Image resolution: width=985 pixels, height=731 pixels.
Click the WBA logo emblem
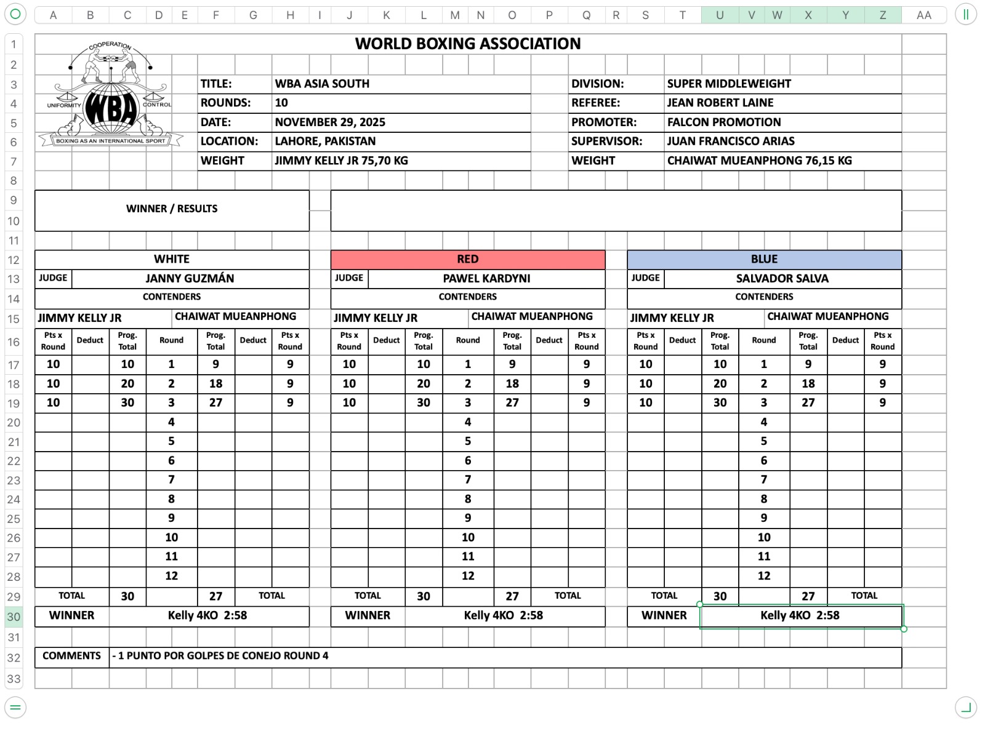tap(111, 98)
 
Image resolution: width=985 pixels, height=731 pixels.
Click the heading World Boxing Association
tap(468, 44)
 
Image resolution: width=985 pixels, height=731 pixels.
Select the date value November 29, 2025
tap(330, 122)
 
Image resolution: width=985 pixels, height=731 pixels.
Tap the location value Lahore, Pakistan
tap(325, 141)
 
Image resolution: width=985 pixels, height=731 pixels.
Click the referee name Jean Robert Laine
tap(720, 103)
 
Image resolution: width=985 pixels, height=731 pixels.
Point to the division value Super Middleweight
tap(729, 84)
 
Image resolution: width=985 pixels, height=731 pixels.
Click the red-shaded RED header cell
tap(468, 259)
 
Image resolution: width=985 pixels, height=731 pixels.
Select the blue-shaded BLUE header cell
tap(764, 259)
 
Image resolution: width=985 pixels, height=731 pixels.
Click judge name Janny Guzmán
tap(190, 278)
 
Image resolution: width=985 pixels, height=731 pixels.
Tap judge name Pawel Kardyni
tap(486, 278)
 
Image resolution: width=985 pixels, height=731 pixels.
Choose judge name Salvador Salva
tap(782, 278)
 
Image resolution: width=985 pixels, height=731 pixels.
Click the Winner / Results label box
tap(172, 209)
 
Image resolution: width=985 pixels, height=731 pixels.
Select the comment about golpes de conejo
tap(220, 656)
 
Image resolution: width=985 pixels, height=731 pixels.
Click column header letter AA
tap(923, 15)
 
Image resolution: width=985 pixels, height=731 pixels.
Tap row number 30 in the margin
tap(14, 617)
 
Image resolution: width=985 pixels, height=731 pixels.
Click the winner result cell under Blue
tap(800, 615)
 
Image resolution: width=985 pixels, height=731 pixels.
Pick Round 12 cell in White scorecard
tap(171, 576)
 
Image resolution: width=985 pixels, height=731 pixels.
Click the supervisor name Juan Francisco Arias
tap(731, 141)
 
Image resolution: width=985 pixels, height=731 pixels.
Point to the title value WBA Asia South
tap(322, 84)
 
